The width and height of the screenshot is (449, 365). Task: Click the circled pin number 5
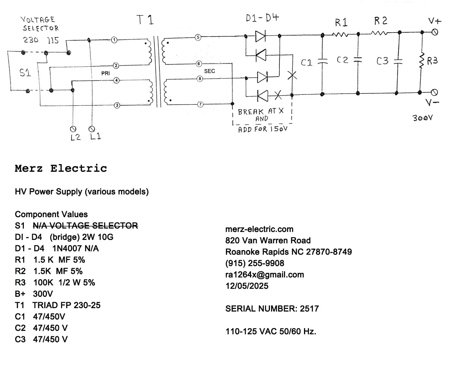click(198, 37)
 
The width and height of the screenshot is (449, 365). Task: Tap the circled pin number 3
click(117, 105)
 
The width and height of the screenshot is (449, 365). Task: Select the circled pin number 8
click(199, 78)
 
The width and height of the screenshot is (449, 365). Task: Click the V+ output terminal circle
click(435, 32)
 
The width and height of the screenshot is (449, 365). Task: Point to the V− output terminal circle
click(435, 92)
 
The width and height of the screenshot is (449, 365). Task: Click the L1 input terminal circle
click(90, 128)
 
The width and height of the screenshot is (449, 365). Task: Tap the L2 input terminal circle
click(73, 128)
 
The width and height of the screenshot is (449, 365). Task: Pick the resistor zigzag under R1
click(340, 34)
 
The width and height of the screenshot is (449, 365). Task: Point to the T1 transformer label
click(145, 20)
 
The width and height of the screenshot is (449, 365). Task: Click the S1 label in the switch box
click(25, 73)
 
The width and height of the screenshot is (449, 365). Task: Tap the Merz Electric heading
click(61, 168)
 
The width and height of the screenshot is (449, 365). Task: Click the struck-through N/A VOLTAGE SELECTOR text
click(85, 226)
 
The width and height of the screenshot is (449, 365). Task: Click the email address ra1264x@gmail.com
click(264, 274)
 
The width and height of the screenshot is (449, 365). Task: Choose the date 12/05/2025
click(246, 286)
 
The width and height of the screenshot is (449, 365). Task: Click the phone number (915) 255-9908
click(254, 263)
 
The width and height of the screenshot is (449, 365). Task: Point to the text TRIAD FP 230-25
click(67, 305)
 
